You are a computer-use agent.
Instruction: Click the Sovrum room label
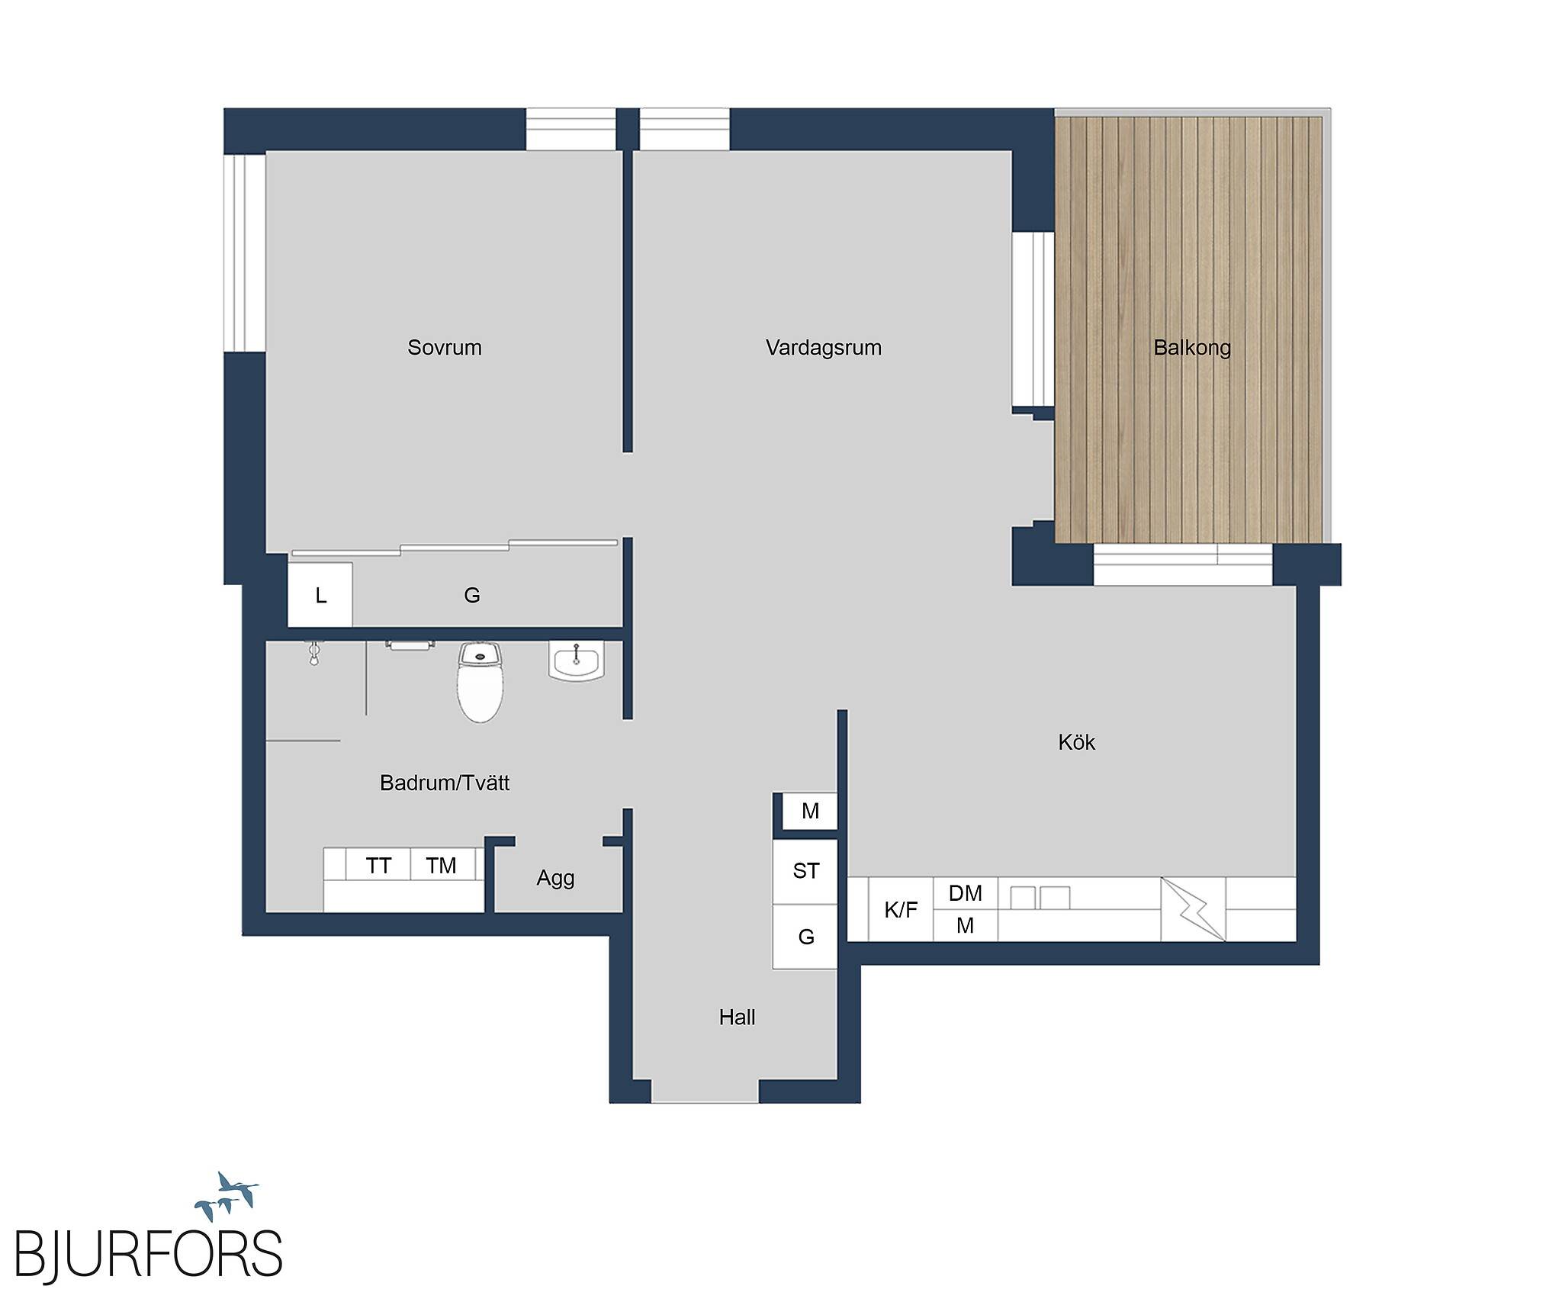click(444, 348)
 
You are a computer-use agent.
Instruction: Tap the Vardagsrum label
click(824, 348)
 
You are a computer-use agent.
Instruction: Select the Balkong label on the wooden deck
click(1192, 348)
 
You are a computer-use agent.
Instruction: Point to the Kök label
click(1076, 742)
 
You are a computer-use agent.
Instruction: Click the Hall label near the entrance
click(737, 1017)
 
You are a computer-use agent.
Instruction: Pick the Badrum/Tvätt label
click(445, 783)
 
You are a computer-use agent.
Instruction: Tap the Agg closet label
click(555, 879)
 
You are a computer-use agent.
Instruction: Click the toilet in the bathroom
click(480, 681)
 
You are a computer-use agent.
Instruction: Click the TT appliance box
click(378, 865)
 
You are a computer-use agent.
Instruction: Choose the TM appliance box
click(442, 865)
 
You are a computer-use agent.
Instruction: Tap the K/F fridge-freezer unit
click(901, 909)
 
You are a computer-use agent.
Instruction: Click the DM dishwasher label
click(966, 893)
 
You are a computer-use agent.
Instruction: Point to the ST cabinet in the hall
click(805, 871)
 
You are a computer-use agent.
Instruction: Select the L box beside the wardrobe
click(320, 595)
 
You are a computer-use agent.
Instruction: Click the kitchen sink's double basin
click(1040, 897)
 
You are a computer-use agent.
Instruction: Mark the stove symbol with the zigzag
click(1193, 909)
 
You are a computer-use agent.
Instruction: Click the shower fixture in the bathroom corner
click(314, 653)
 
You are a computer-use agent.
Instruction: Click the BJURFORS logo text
click(149, 1252)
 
